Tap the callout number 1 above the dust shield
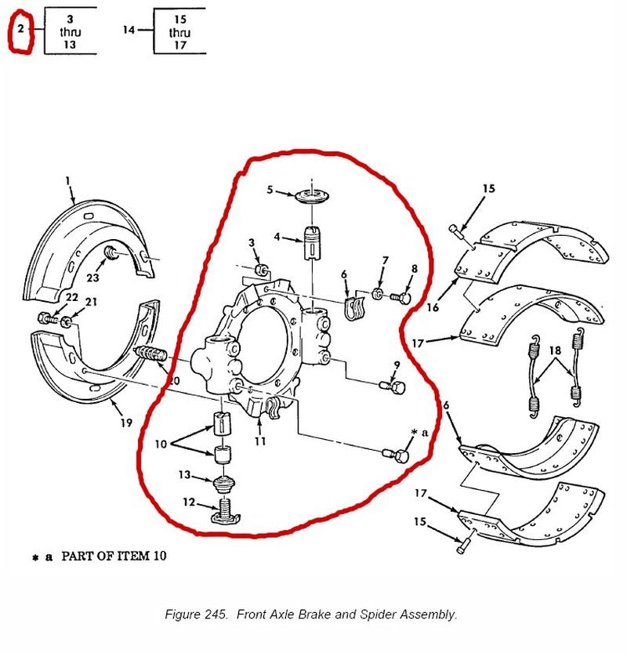(x=68, y=181)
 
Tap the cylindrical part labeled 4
(x=313, y=243)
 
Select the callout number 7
(x=385, y=261)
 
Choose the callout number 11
(x=260, y=441)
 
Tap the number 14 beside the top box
(x=130, y=30)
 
